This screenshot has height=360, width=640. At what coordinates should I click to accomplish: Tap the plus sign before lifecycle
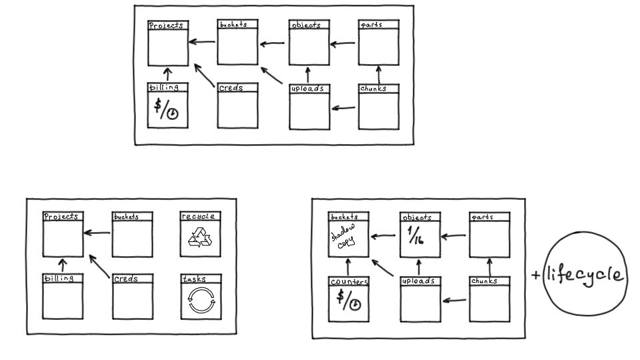pyautogui.click(x=536, y=275)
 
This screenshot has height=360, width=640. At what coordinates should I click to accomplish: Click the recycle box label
pyautogui.click(x=199, y=217)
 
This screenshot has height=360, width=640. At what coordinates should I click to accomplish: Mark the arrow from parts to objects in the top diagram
pyautogui.click(x=343, y=45)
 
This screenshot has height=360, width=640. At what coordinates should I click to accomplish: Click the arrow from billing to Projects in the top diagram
pyautogui.click(x=168, y=73)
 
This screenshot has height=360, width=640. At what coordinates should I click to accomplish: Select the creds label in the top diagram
pyautogui.click(x=231, y=88)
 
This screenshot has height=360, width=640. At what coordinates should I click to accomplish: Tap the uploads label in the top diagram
pyautogui.click(x=308, y=88)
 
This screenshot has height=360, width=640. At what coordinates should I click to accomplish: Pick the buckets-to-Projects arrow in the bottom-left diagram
pyautogui.click(x=97, y=233)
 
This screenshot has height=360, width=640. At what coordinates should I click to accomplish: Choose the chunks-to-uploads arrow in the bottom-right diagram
pyautogui.click(x=455, y=301)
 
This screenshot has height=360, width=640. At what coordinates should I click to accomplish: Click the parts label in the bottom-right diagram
pyautogui.click(x=483, y=217)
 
